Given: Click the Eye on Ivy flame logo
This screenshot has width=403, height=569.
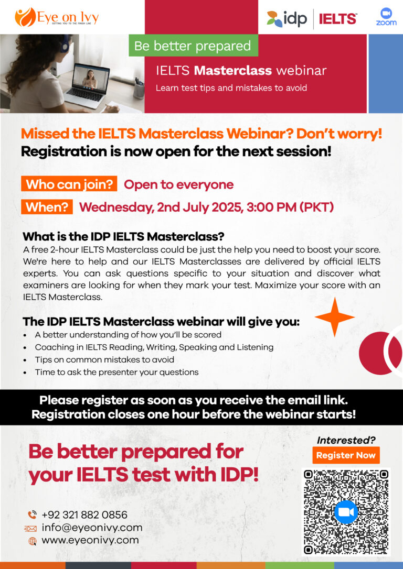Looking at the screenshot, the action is (25, 17).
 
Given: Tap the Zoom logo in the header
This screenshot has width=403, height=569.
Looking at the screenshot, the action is (386, 17).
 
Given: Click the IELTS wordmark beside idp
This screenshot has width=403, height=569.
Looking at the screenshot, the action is (337, 18).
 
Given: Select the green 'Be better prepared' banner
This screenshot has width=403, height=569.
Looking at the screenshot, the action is (193, 46).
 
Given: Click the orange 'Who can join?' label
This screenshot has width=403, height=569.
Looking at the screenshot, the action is (69, 184).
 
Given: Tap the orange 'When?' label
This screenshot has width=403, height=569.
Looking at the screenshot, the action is (47, 207).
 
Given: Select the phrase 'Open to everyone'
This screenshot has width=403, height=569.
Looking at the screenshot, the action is (179, 184).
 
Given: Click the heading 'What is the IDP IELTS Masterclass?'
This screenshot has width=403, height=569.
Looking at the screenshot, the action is (123, 237).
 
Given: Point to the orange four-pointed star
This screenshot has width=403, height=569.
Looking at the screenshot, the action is (334, 317).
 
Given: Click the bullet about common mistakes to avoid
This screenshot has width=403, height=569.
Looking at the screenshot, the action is (104, 359).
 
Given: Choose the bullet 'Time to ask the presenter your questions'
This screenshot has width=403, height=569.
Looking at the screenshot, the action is (116, 373).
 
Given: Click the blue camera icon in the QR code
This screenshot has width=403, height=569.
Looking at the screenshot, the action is (346, 512).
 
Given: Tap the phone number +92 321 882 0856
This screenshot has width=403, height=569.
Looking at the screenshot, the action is (84, 515).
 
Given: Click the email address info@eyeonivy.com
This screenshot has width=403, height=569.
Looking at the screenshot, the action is (92, 528).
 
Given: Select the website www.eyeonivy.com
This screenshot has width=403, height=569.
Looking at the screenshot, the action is (90, 540).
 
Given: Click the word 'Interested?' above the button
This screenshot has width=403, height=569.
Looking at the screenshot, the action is (346, 440).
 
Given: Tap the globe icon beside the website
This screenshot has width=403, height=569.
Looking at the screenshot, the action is (33, 541).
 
